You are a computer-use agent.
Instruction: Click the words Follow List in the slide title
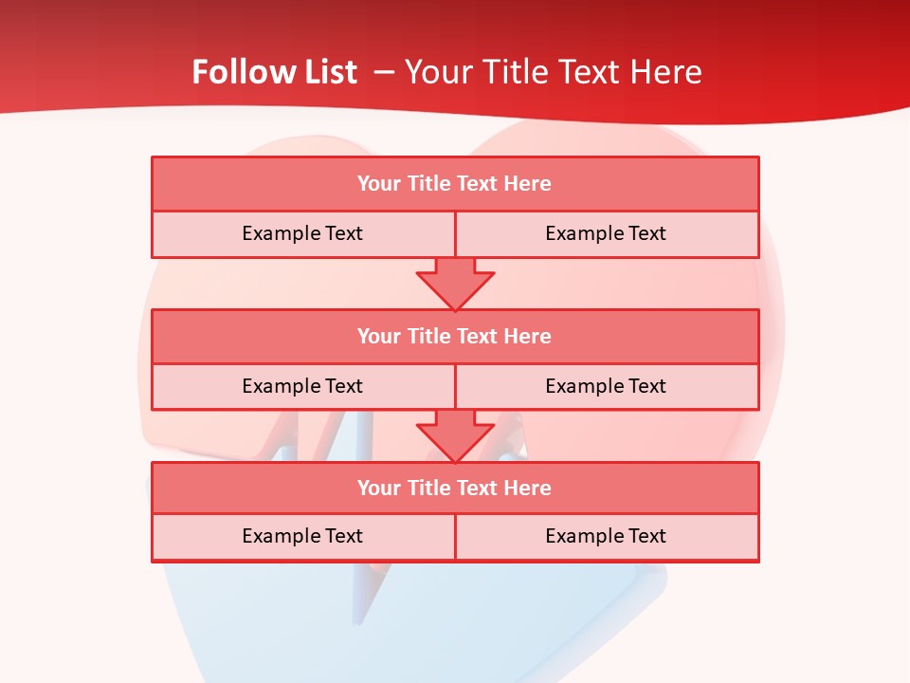[274, 72]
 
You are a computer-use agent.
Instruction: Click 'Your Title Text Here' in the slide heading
[554, 72]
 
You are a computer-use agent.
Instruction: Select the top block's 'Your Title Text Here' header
[454, 184]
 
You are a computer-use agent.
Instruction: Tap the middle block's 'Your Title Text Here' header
[454, 336]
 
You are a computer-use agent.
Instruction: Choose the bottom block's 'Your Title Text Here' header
[454, 488]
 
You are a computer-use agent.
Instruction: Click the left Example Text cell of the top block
[302, 233]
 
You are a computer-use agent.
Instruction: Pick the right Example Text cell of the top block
[606, 233]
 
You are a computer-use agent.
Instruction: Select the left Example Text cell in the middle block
[302, 386]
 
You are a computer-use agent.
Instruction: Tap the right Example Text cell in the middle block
[606, 386]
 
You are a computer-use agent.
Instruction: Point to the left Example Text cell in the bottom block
[302, 536]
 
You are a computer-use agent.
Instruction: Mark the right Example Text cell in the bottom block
[606, 536]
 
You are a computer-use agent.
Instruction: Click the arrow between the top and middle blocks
[455, 283]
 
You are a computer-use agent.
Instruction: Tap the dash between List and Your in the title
[384, 72]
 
